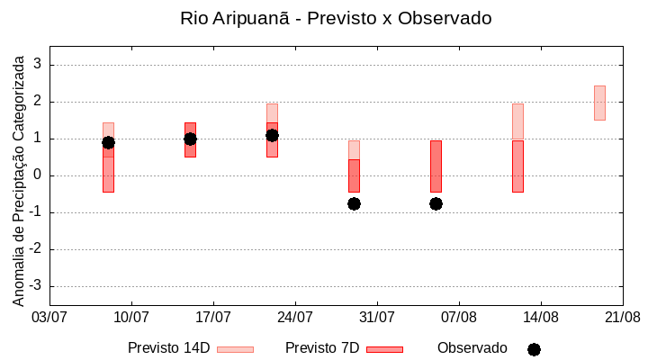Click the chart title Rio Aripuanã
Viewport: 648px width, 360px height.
(x=336, y=18)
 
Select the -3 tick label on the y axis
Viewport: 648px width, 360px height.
(x=35, y=286)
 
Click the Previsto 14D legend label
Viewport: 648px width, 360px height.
(x=168, y=348)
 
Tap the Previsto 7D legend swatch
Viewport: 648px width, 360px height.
(x=384, y=349)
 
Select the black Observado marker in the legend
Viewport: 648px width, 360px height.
(x=534, y=349)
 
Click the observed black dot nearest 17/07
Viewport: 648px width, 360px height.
(x=190, y=139)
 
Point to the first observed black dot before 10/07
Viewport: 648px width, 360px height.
(x=108, y=142)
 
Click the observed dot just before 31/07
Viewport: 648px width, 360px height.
(x=354, y=203)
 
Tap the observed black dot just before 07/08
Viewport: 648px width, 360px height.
(x=436, y=203)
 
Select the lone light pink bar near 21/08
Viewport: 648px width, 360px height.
(x=599, y=103)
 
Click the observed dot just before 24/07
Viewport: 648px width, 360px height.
(x=272, y=135)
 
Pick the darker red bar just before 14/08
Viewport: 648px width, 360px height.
(x=517, y=166)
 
